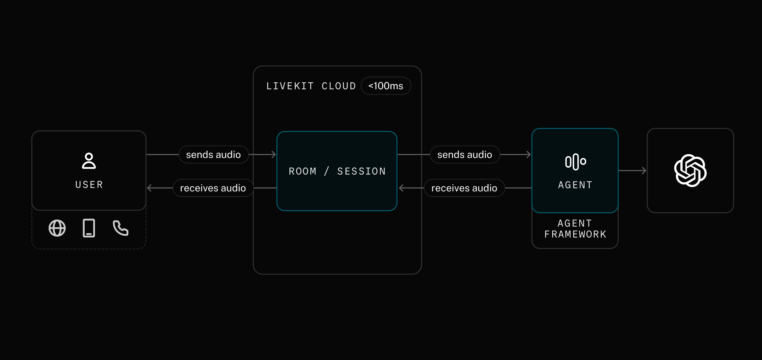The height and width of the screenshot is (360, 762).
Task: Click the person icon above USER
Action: coord(89,161)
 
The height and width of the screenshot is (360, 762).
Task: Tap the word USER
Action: coord(89,184)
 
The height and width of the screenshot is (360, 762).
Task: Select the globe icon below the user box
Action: coord(57,228)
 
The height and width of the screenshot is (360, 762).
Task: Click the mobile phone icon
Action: coord(89,228)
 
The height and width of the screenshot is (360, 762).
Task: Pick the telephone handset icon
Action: coord(120,228)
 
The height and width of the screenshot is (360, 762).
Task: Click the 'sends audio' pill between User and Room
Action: coord(213,154)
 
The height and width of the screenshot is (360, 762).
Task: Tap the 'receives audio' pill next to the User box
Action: coord(213,188)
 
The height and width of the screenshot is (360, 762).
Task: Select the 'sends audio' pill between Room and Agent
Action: coord(464,154)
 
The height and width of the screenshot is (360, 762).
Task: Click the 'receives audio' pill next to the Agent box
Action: coord(464,188)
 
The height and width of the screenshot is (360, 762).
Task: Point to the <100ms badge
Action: coord(386,86)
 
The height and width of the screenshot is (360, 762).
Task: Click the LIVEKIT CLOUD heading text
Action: coord(311,86)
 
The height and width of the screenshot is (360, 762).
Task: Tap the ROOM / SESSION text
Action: coord(337,171)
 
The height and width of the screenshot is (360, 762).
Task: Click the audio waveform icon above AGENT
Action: coord(575,162)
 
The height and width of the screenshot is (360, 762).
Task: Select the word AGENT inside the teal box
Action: coord(575,185)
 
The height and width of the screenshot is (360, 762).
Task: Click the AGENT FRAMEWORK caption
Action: coord(575,229)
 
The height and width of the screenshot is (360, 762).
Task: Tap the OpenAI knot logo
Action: coord(690,171)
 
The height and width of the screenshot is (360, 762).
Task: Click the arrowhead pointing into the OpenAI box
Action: coord(644,171)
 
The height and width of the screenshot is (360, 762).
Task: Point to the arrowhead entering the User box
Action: coord(149,188)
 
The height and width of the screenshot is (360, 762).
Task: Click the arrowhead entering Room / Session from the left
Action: coord(274,154)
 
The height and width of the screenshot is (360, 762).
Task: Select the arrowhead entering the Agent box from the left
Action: coord(529,154)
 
